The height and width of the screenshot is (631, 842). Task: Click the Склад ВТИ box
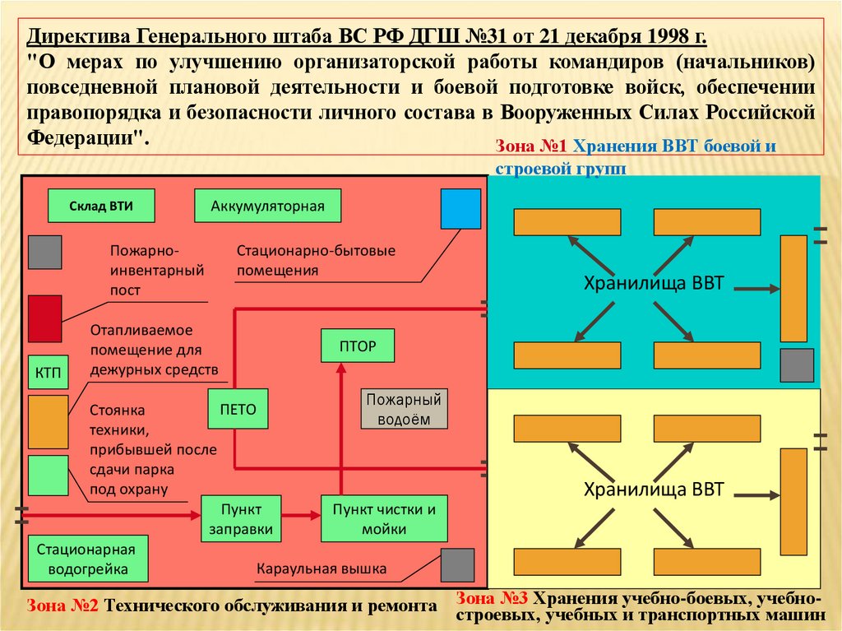pyautogui.click(x=101, y=206)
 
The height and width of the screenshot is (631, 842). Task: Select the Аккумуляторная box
pyautogui.click(x=267, y=206)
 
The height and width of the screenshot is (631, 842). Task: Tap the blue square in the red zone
pyautogui.click(x=460, y=208)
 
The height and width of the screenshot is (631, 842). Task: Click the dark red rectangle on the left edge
pyautogui.click(x=44, y=318)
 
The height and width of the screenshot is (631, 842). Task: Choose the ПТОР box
pyautogui.click(x=357, y=346)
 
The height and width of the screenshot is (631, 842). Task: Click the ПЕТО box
pyautogui.click(x=238, y=409)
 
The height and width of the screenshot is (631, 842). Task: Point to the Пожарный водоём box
pyautogui.click(x=404, y=409)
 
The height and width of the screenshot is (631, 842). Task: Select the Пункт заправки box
pyautogui.click(x=241, y=518)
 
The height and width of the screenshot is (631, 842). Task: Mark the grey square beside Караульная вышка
pyautogui.click(x=457, y=565)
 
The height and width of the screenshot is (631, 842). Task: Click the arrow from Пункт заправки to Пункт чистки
pyautogui.click(x=301, y=516)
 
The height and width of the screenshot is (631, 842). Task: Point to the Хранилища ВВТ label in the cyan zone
pyautogui.click(x=653, y=285)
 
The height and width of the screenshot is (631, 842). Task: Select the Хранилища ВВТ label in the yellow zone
pyautogui.click(x=653, y=490)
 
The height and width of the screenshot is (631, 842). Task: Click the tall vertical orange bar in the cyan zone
pyautogui.click(x=793, y=289)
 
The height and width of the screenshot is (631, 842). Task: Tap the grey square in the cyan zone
pyautogui.click(x=796, y=364)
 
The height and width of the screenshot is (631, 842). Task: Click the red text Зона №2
pyautogui.click(x=63, y=606)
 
